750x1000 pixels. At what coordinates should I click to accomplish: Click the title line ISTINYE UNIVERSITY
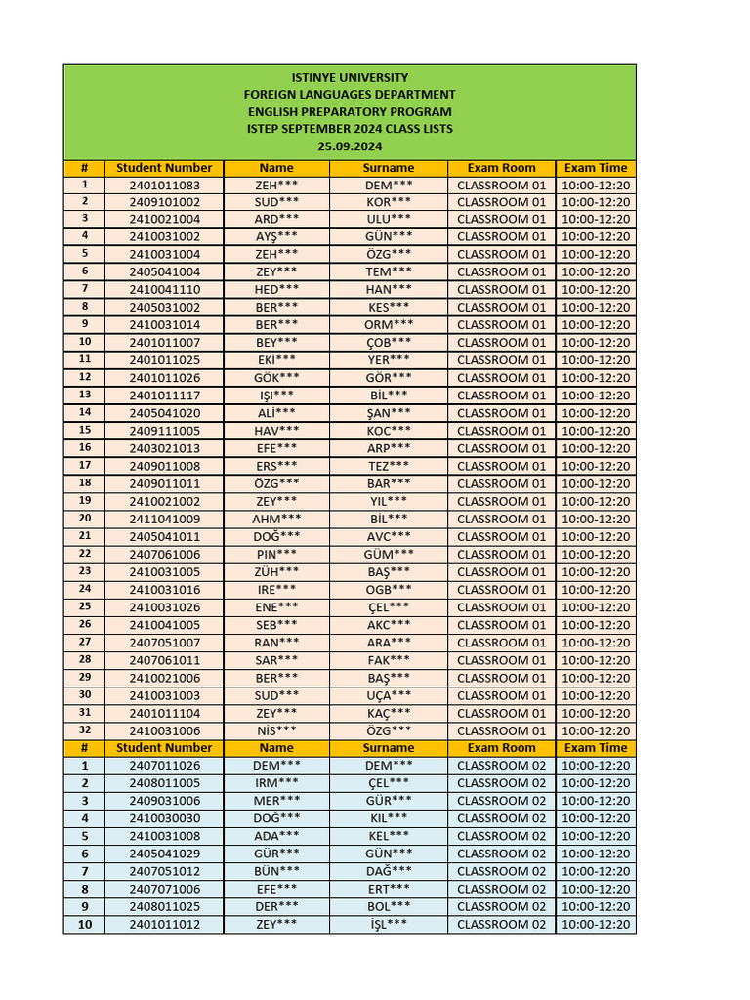[350, 77]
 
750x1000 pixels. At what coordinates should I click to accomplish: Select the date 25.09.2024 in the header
[350, 146]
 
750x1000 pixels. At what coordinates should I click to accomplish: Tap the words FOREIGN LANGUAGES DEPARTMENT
[350, 95]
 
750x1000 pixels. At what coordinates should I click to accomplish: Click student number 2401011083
[164, 185]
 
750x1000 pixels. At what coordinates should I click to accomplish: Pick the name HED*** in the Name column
[276, 290]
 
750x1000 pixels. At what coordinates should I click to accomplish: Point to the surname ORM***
[389, 325]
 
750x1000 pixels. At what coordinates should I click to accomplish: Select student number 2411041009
[164, 519]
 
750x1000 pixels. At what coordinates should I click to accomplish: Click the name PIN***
[276, 554]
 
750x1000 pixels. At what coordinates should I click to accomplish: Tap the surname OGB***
[389, 590]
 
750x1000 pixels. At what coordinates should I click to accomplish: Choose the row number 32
[85, 730]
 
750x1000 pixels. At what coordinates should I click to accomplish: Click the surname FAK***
[389, 660]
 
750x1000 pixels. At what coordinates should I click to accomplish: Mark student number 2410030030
[164, 818]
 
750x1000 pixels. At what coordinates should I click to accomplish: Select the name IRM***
[276, 783]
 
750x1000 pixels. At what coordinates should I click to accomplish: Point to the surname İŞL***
[389, 924]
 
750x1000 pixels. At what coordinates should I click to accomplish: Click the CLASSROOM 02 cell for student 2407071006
[501, 889]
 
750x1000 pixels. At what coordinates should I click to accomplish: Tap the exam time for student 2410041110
[596, 290]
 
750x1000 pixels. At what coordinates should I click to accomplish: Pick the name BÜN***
[276, 871]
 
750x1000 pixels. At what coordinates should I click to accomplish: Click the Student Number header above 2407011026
[164, 748]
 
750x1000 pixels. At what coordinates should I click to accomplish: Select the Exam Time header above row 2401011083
[596, 168]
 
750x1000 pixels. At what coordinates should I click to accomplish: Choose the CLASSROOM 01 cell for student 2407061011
[501, 660]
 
